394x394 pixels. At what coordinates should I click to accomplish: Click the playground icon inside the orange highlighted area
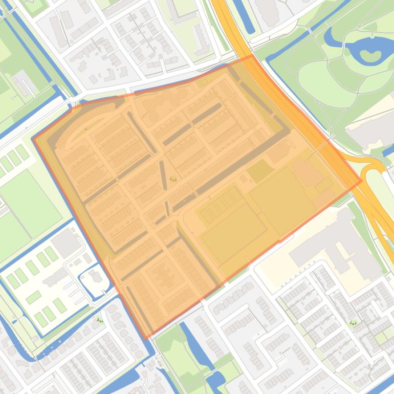[173, 179]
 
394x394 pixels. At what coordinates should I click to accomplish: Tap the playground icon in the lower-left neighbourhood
[99, 320]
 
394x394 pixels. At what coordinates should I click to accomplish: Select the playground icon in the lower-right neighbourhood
[353, 323]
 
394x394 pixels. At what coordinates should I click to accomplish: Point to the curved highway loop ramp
[376, 169]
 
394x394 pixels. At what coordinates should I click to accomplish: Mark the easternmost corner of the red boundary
[361, 180]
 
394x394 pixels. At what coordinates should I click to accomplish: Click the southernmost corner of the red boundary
[146, 338]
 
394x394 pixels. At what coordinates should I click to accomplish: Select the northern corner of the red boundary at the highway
[251, 56]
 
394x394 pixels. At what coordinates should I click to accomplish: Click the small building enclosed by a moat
[96, 277]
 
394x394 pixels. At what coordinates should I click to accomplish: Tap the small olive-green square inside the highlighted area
[260, 171]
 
